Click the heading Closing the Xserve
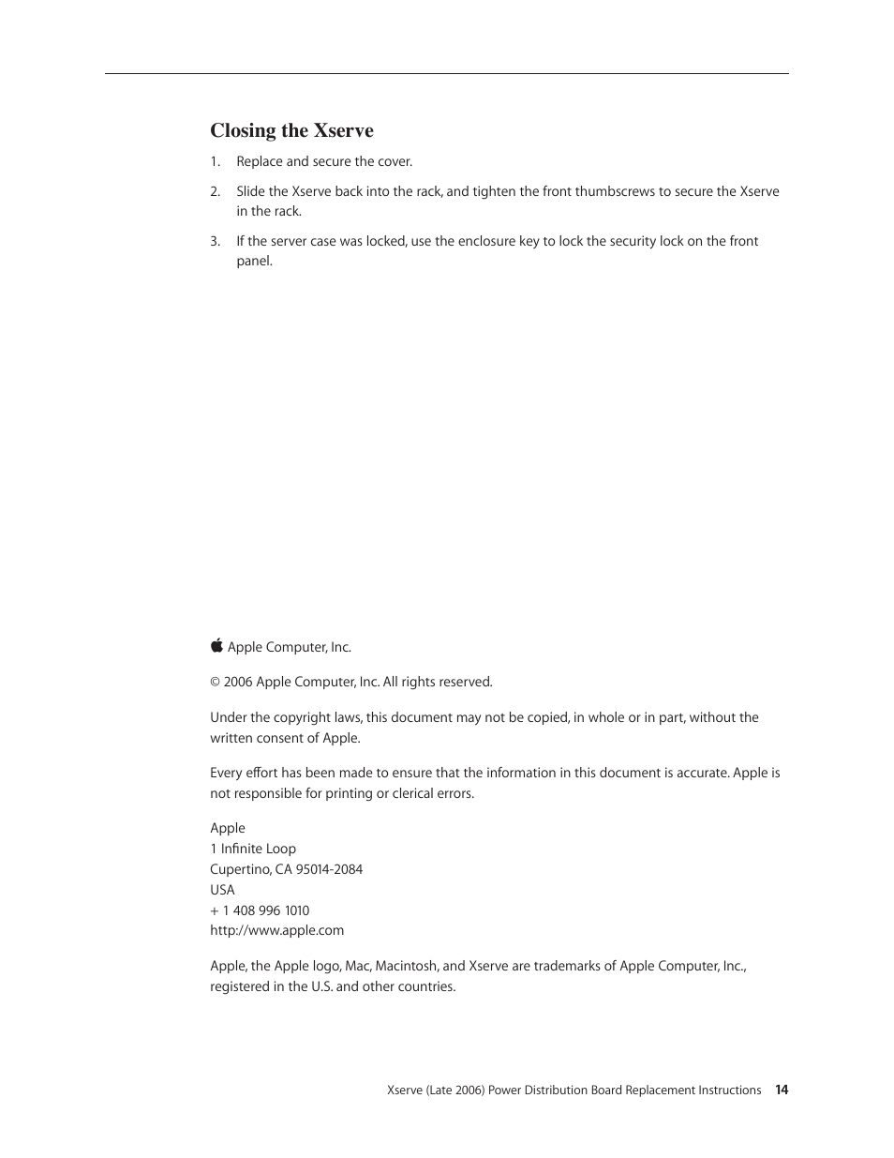[291, 130]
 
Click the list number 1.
[214, 161]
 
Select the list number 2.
[215, 191]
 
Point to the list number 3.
[215, 241]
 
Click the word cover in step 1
[394, 161]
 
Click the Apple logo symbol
[216, 646]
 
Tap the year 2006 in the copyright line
[238, 683]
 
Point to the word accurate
[696, 773]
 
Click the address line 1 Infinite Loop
[253, 849]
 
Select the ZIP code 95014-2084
[329, 869]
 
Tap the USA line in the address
[222, 890]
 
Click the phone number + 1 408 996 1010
[260, 910]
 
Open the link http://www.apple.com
[276, 930]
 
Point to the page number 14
[782, 1090]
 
